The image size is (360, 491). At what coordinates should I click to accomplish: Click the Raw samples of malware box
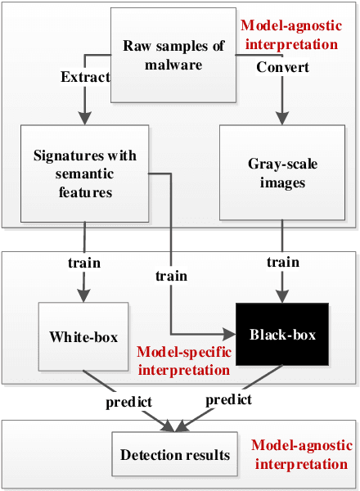click(173, 56)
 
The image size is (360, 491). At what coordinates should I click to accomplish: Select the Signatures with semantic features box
click(85, 173)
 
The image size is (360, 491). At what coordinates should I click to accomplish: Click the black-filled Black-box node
click(282, 335)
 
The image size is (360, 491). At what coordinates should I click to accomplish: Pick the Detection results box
click(175, 455)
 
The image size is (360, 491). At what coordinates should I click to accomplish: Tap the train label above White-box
click(84, 264)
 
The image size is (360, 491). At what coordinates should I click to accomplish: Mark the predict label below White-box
click(128, 403)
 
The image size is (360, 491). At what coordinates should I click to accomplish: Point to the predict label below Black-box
click(228, 401)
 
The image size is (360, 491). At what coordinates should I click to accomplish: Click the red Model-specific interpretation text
click(182, 361)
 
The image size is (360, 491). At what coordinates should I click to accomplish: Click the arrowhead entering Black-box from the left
click(231, 335)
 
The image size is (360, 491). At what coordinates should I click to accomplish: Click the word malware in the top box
click(173, 65)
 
